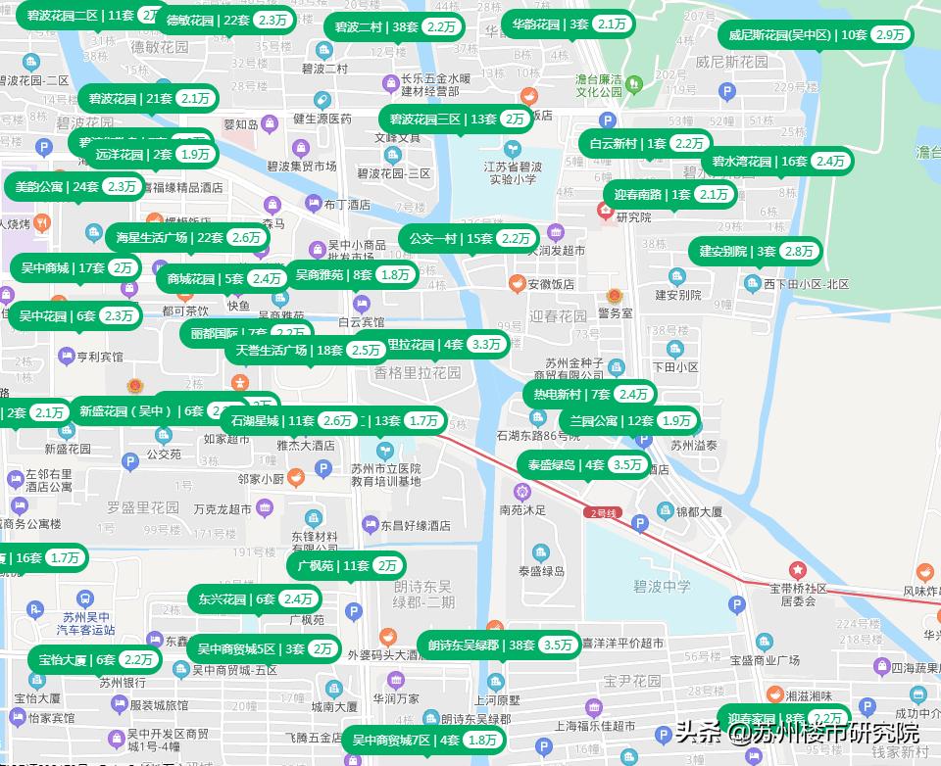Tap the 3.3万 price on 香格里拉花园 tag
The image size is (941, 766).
[x=486, y=345]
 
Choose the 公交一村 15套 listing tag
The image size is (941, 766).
[x=468, y=238]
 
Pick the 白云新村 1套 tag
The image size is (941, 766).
[x=646, y=143]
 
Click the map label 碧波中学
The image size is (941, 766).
[x=662, y=587]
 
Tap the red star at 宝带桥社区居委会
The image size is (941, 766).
[x=798, y=569]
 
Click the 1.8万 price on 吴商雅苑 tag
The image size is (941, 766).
[x=395, y=275]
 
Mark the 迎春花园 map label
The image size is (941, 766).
[x=558, y=316]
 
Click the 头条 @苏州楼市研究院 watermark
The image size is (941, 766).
[x=796, y=733]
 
